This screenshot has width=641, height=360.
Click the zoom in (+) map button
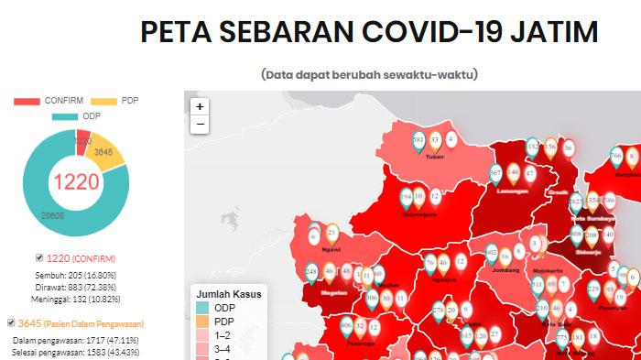[x=200, y=106]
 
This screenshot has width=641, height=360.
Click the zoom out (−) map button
[x=200, y=125]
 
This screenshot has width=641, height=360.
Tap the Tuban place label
[x=435, y=157]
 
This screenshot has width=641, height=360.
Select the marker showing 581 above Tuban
[x=418, y=140]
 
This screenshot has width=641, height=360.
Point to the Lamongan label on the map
[x=513, y=191]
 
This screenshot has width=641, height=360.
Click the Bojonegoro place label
[x=419, y=215]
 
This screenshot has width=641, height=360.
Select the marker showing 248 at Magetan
[x=311, y=272]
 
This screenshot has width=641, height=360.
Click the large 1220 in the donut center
[x=76, y=181]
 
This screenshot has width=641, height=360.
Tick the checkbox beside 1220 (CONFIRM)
[x=38, y=257]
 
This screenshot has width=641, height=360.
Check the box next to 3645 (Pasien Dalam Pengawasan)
[x=11, y=322]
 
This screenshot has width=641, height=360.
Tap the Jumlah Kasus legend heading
[x=228, y=294]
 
